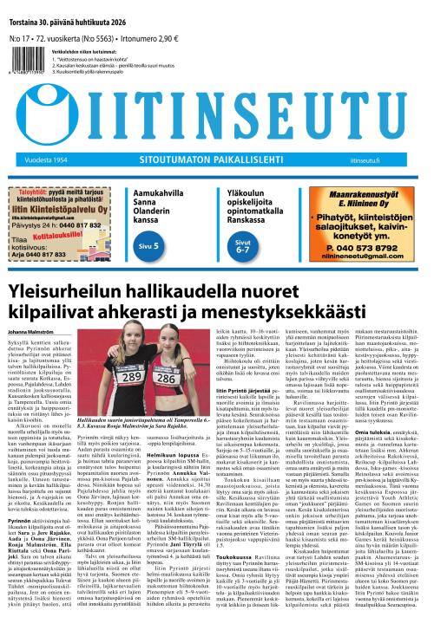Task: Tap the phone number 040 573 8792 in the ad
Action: click(361, 245)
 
